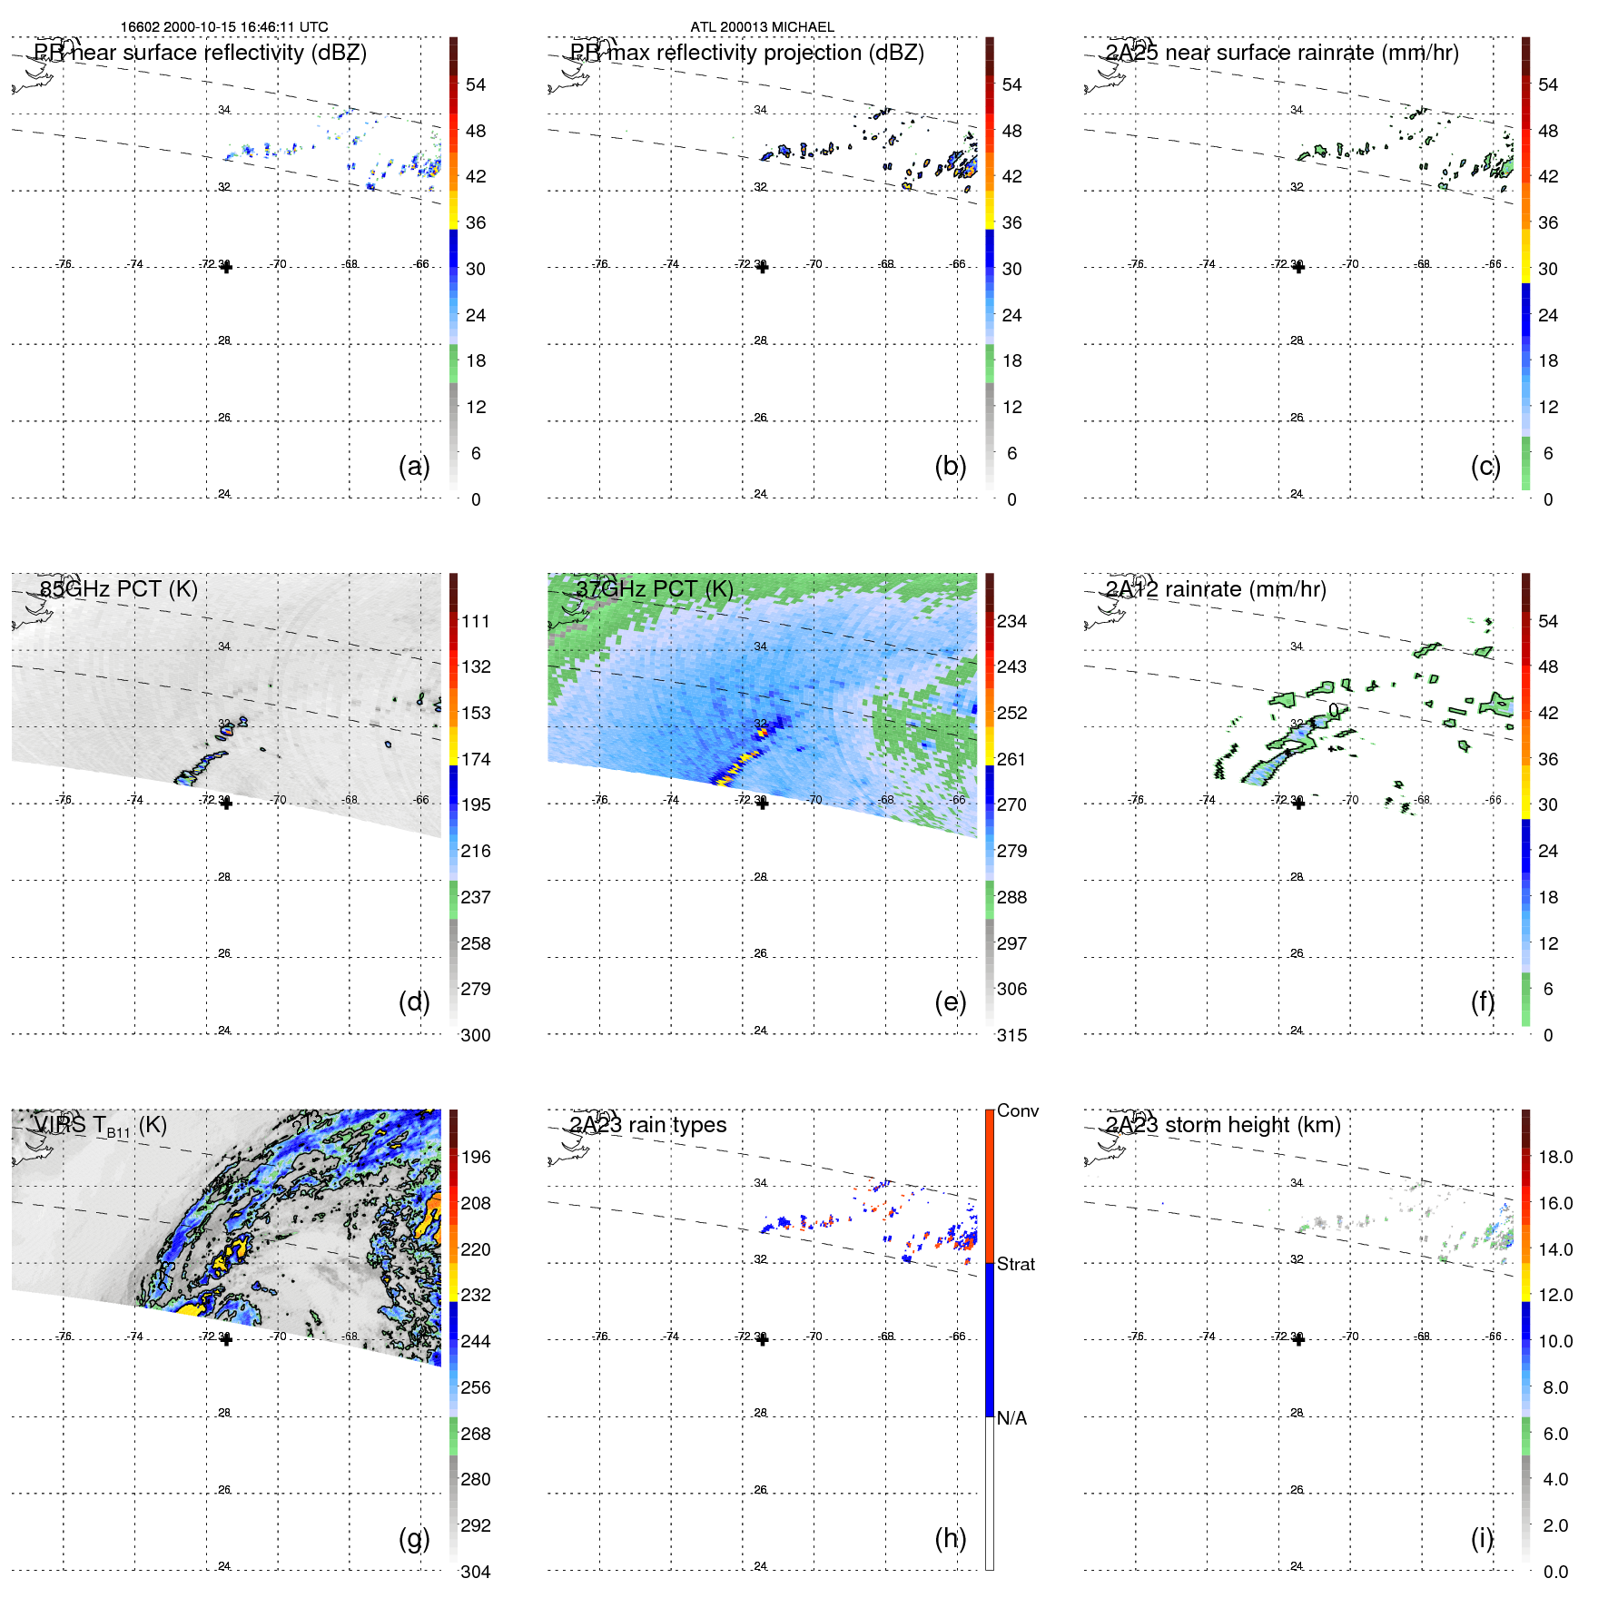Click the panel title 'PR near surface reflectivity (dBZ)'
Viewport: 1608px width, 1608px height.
(x=200, y=53)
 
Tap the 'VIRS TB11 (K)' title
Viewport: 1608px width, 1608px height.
(x=100, y=1126)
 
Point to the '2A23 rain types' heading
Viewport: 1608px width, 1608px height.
(x=647, y=1125)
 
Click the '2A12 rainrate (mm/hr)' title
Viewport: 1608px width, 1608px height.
(x=1215, y=589)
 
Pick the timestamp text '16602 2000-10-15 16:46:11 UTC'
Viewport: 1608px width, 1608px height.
(x=224, y=27)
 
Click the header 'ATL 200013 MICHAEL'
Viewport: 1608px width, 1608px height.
(x=762, y=27)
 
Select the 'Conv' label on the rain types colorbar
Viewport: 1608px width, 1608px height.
(x=1017, y=1110)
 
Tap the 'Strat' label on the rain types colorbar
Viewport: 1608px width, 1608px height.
(x=1015, y=1264)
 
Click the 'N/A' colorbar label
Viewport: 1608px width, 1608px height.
(x=1011, y=1418)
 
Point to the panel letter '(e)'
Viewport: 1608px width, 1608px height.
(x=950, y=1001)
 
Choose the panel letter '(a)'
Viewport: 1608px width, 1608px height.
(x=414, y=466)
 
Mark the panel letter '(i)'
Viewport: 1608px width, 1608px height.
(x=1482, y=1538)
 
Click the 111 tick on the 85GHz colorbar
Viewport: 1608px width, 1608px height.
(x=475, y=621)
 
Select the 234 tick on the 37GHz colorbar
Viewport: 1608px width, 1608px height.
(x=1011, y=621)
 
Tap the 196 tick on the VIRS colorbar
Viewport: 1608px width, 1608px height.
(x=475, y=1157)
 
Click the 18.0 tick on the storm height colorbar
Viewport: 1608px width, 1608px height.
(x=1554, y=1157)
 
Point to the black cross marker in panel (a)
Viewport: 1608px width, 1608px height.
(x=226, y=267)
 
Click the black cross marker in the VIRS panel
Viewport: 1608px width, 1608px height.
(x=226, y=1339)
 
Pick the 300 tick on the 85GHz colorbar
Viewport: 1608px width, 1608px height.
(x=475, y=1035)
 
